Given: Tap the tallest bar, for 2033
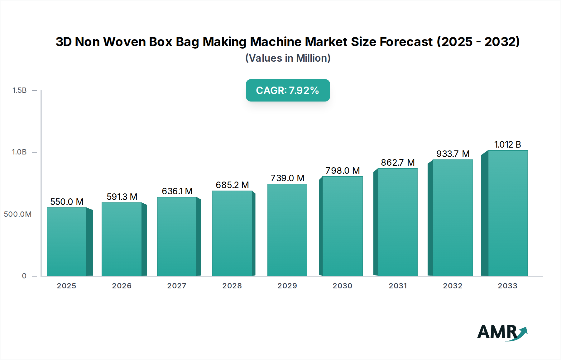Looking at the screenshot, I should click(508, 213).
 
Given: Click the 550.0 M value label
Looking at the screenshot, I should click(67, 202).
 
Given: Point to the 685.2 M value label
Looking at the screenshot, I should click(232, 185).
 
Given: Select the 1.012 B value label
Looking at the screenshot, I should click(508, 144).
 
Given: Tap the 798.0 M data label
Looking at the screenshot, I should click(343, 171).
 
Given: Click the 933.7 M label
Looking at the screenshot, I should click(453, 154).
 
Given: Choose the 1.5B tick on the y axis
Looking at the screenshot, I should click(19, 90).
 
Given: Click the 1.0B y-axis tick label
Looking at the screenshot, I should click(19, 152).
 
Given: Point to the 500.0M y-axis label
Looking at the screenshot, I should click(18, 214).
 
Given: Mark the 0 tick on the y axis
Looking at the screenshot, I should click(24, 276).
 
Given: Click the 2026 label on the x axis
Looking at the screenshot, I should click(122, 286).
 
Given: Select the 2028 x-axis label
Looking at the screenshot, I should click(232, 286).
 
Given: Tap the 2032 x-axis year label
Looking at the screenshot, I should click(453, 286).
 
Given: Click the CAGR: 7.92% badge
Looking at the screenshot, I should click(288, 90).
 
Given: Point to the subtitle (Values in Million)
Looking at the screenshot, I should click(288, 58).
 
